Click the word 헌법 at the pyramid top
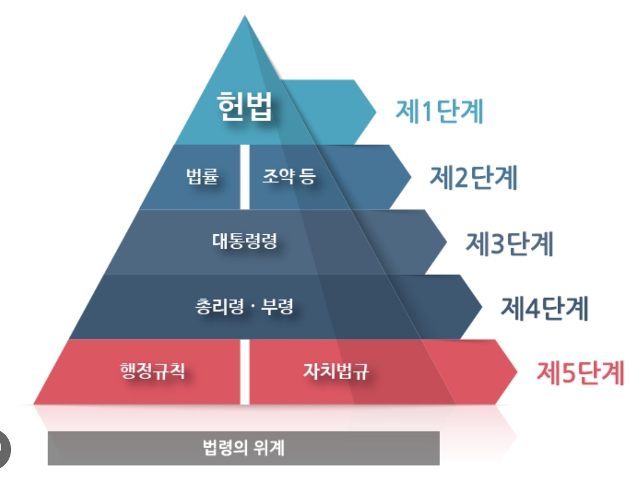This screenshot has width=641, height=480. coord(245,108)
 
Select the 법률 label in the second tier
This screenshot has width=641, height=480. coord(202,177)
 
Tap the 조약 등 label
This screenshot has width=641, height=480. coord(289,177)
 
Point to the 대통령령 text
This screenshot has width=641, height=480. coord(244,241)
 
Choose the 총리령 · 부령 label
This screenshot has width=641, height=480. coord(244,306)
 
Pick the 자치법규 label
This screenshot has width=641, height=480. coord(336,370)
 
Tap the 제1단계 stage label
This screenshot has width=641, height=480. coord(439,112)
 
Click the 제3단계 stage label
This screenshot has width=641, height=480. coord(509,244)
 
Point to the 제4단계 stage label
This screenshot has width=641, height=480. coord(544,308)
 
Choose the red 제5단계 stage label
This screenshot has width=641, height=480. coord(580,373)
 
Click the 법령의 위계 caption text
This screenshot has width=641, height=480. coord(244,448)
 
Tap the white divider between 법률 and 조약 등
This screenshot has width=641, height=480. coord(245,177)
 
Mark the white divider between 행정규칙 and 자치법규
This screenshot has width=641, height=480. coord(245,372)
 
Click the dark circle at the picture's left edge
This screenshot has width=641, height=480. coord(3,447)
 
